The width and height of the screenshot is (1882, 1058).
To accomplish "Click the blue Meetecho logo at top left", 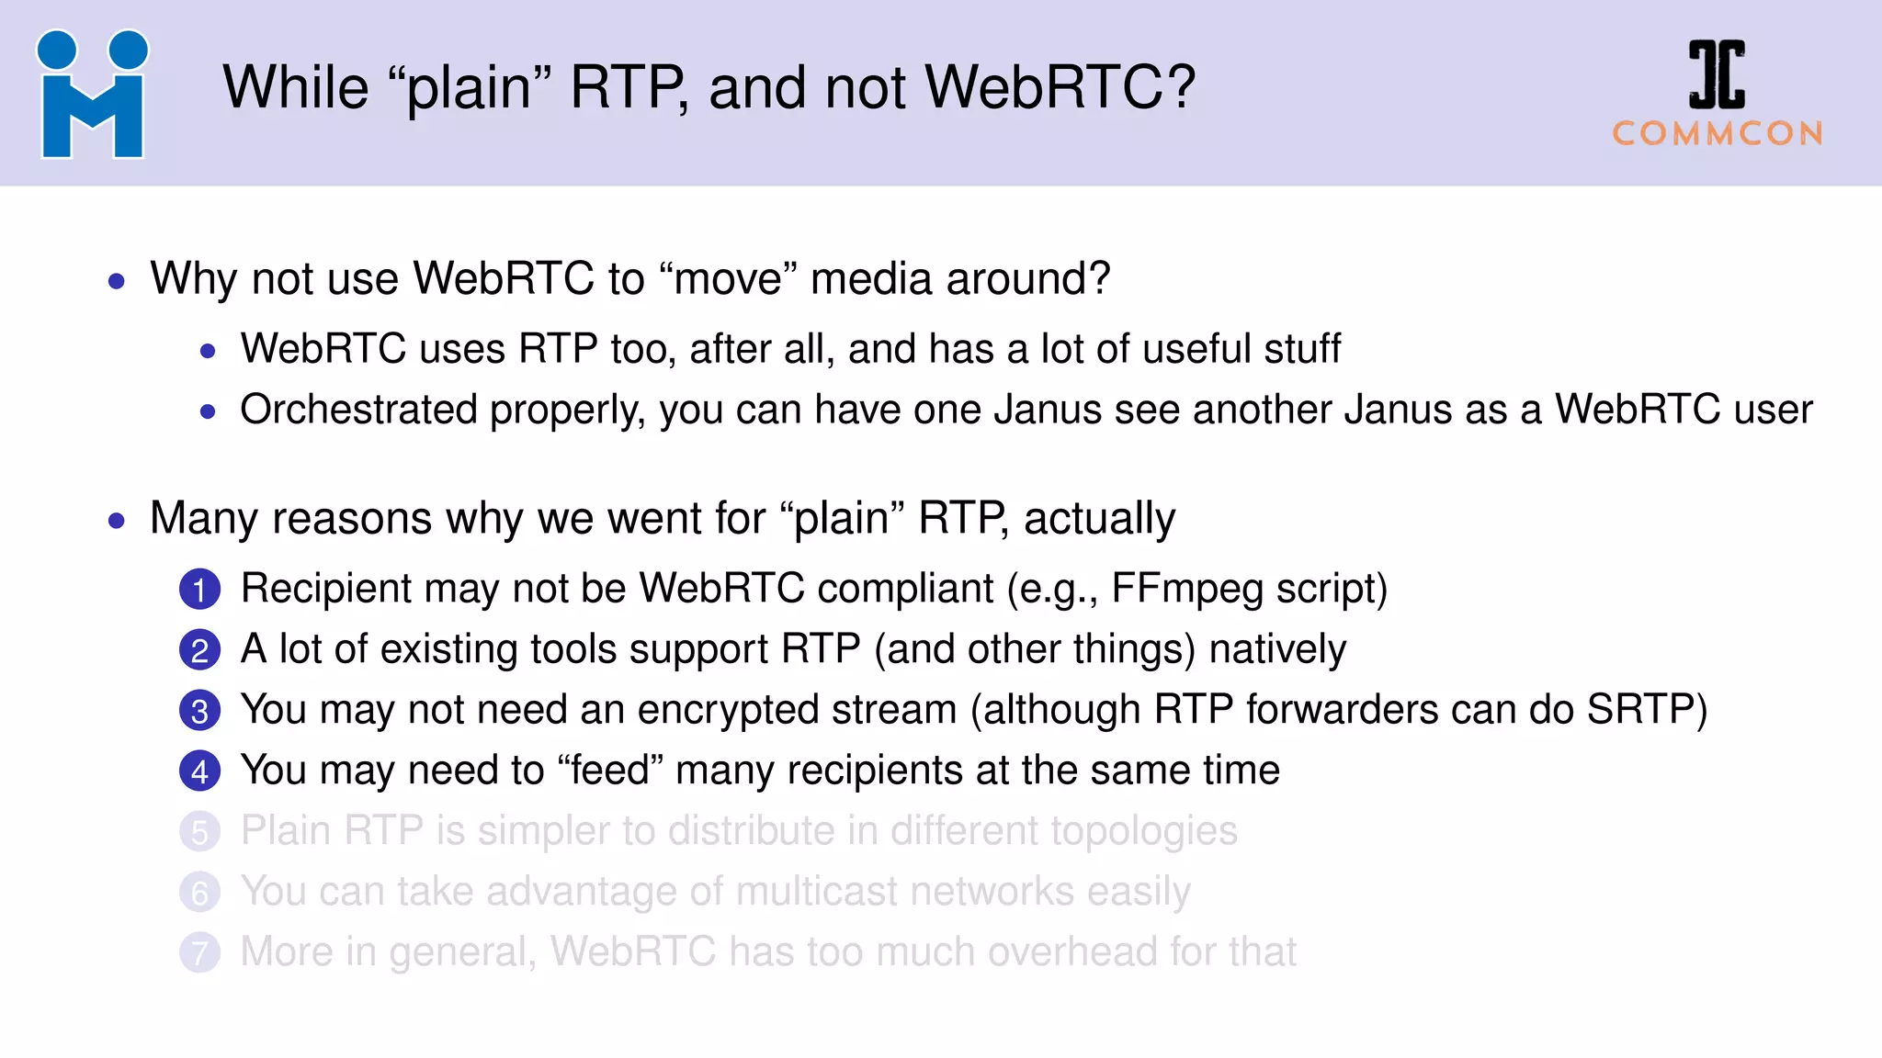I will coord(92,94).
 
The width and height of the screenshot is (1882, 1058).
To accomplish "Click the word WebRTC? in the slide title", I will coord(1060,87).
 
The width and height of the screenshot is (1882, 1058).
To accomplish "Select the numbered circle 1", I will coord(199,590).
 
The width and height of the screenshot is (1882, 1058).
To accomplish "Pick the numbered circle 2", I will coord(199,650).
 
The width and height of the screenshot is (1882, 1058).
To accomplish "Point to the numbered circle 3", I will coord(199,711).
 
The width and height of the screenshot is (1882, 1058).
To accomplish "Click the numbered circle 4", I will coord(199,771).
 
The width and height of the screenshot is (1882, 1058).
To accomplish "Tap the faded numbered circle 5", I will coord(199,832).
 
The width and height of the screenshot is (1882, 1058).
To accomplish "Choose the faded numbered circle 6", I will coord(199,893).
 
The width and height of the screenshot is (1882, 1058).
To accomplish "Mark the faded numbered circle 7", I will coord(199,953).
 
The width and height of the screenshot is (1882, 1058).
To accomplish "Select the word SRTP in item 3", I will coord(1646,710).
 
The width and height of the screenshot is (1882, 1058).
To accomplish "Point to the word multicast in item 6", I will coord(817,892).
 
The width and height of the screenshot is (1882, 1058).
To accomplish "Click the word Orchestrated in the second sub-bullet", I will coord(358,410).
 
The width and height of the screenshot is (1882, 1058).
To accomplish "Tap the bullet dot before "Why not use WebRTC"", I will coord(116,281).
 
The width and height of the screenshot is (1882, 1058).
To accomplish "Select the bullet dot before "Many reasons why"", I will coord(116,521).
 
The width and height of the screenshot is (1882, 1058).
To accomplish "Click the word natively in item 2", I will coord(1277,649).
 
